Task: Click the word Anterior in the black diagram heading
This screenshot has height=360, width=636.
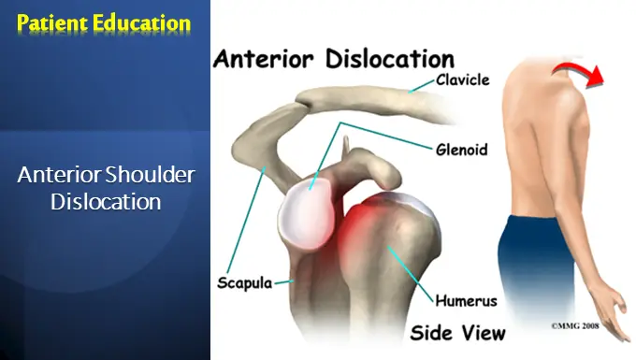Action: point(270,61)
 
